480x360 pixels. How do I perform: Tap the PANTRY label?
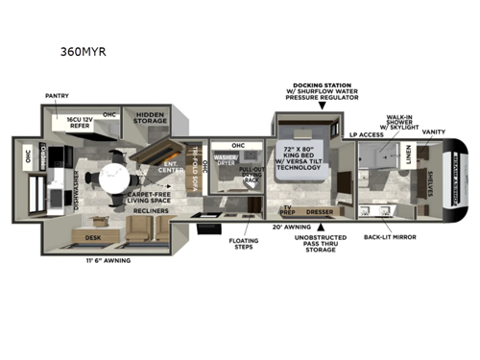click(58, 96)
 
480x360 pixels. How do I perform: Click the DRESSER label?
click(318, 211)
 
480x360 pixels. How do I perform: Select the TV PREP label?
click(286, 209)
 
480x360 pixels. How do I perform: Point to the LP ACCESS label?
click(365, 133)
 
